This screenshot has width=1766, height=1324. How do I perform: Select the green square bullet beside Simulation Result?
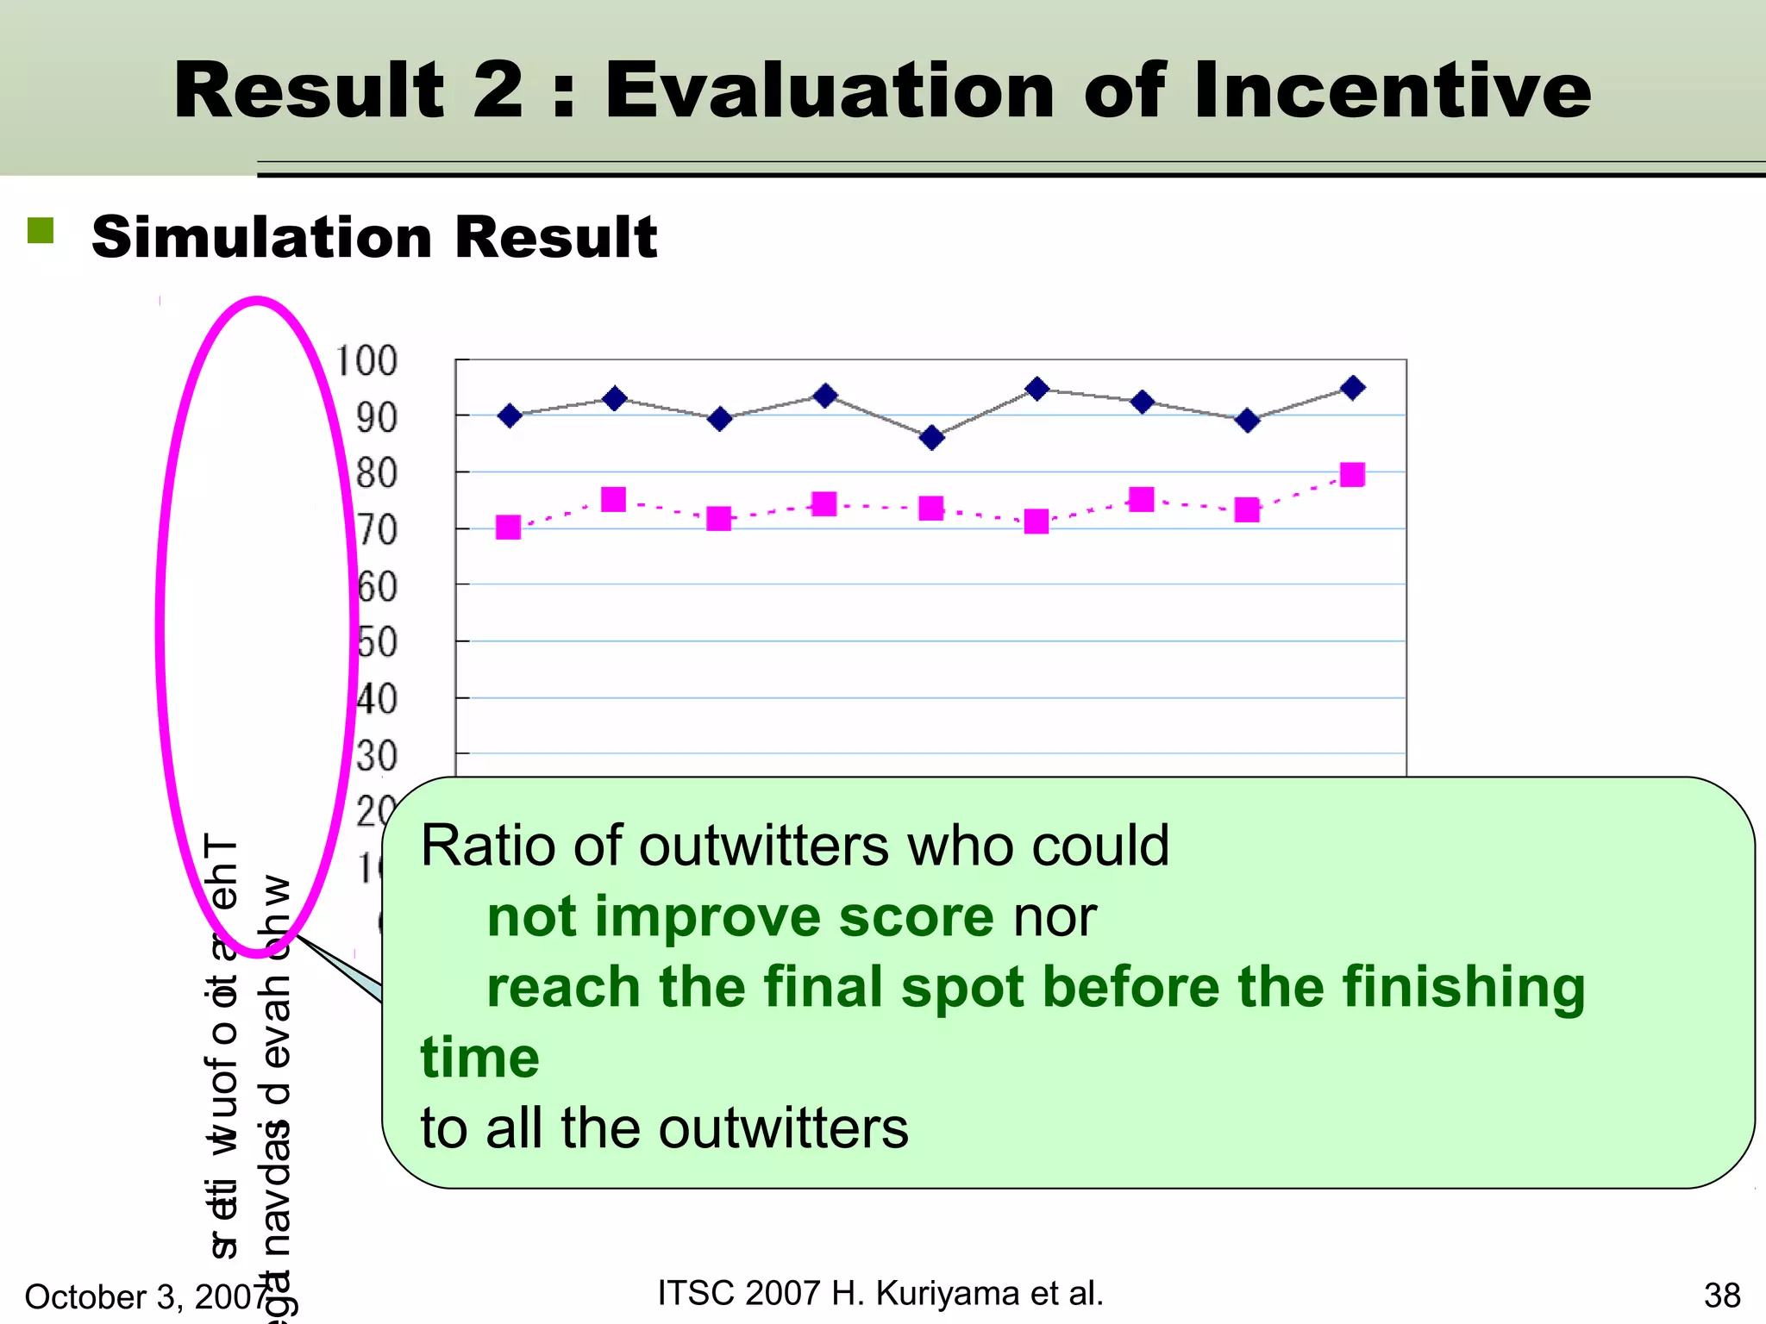point(41,230)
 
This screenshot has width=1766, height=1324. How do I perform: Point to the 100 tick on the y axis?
point(366,360)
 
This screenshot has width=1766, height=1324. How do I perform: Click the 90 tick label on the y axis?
point(377,418)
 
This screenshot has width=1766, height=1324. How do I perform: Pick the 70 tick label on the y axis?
point(377,530)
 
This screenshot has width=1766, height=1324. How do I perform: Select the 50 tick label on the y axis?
point(377,643)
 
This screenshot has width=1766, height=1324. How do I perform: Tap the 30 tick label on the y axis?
point(377,756)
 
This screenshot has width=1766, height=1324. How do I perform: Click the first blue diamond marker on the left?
point(510,416)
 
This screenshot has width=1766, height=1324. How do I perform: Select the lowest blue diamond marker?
point(931,438)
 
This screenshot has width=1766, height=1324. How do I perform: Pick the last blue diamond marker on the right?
point(1353,388)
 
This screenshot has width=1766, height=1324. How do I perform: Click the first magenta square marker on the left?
point(509,527)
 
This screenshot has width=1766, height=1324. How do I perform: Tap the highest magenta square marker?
point(1352,475)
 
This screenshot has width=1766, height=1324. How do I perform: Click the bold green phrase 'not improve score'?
point(740,915)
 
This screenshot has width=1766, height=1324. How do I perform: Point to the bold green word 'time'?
point(479,1058)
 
